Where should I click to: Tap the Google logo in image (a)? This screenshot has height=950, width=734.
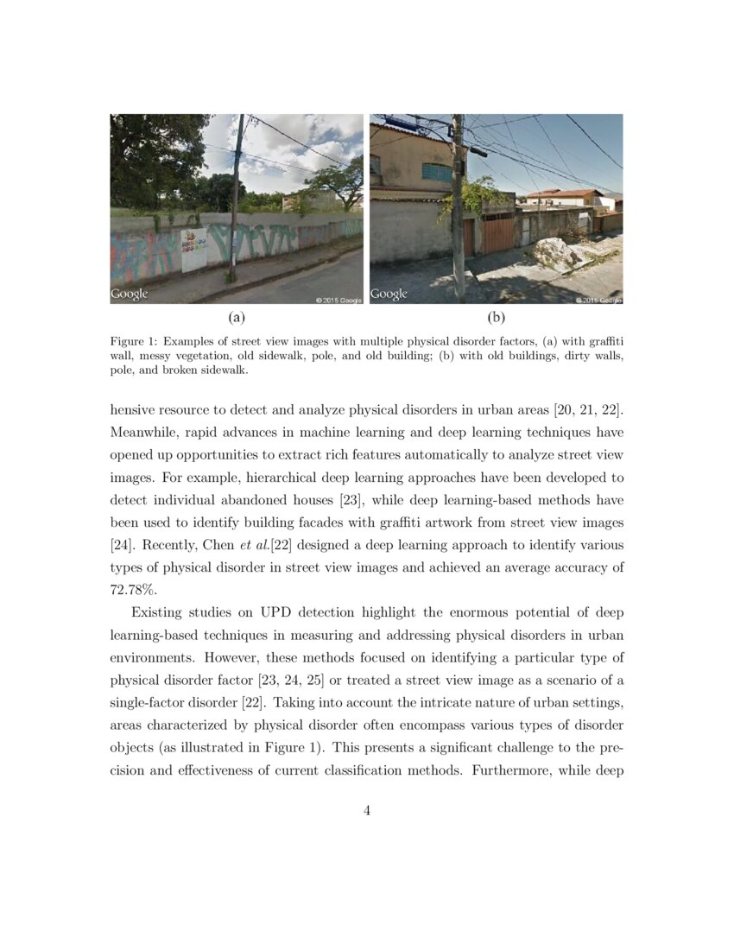tap(130, 294)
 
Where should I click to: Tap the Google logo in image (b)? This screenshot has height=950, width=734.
tap(389, 294)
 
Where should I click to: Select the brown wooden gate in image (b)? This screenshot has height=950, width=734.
tap(497, 235)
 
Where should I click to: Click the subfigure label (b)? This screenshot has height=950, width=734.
tap(496, 318)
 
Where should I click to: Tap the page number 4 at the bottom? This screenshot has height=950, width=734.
tap(367, 810)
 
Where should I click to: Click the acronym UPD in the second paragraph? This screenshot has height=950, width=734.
tap(274, 613)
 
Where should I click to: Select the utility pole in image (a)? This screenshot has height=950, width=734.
tap(234, 199)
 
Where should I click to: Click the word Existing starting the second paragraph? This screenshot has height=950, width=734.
tap(159, 613)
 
